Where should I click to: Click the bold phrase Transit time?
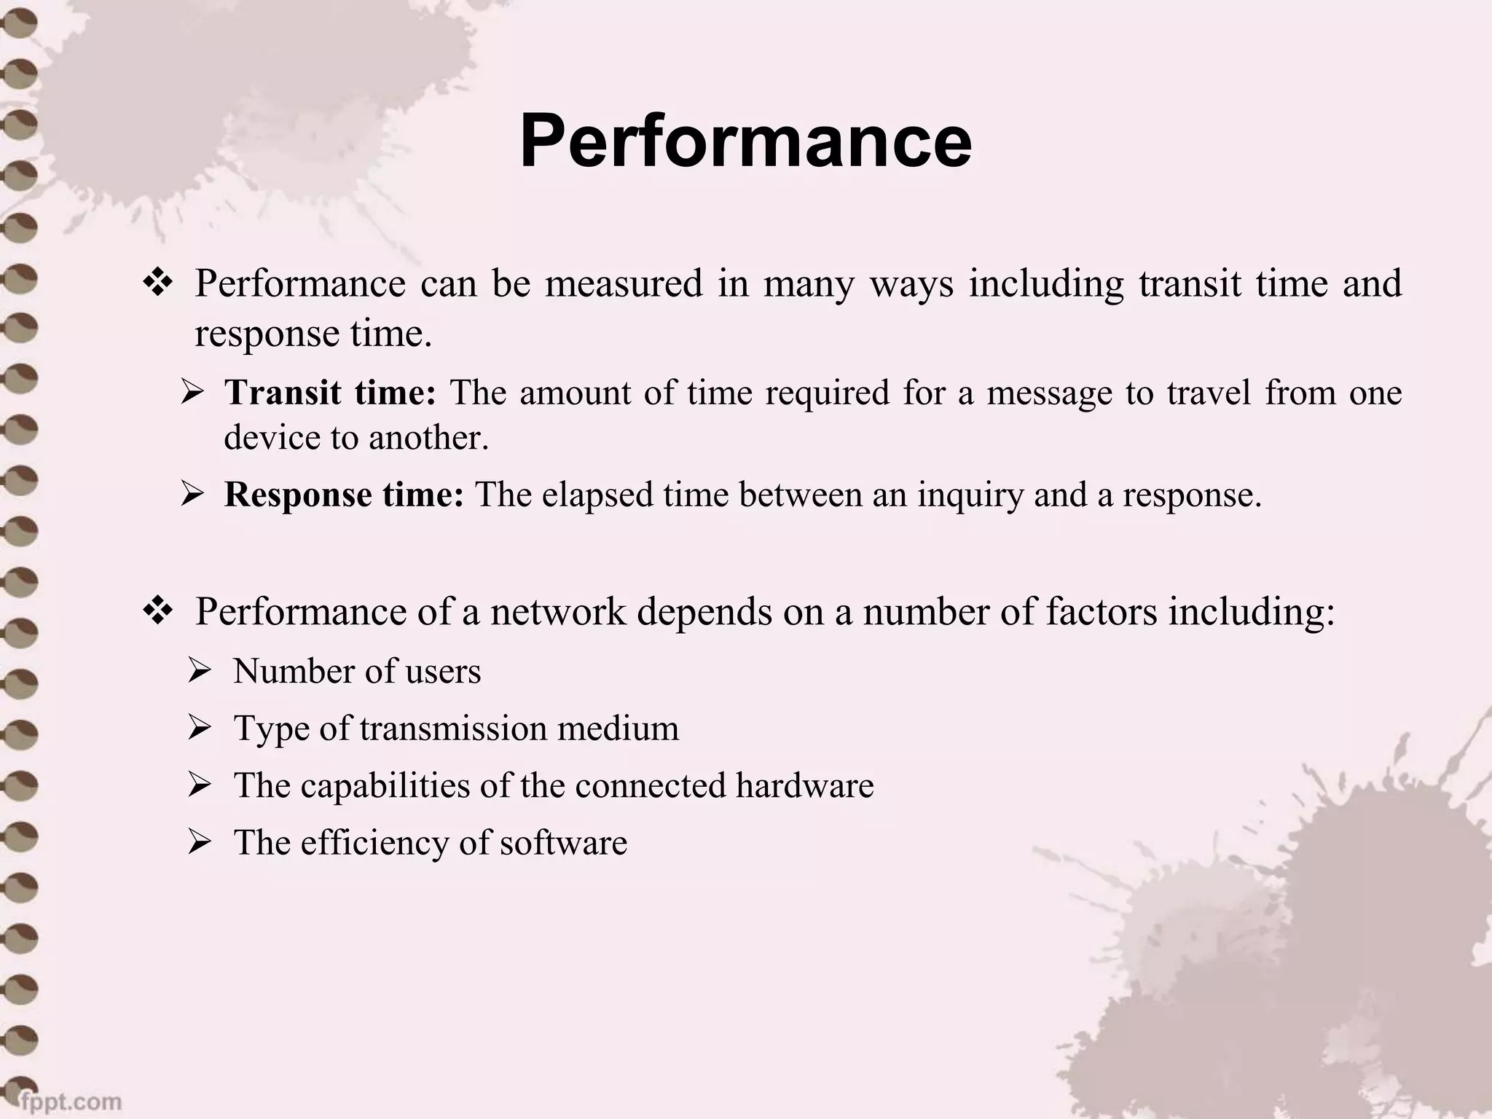click(x=330, y=393)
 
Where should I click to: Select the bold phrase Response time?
click(x=344, y=495)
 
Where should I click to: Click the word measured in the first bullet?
click(x=624, y=283)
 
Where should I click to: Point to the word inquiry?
click(x=970, y=495)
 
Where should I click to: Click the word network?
click(x=557, y=611)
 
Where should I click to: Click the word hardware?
click(x=804, y=785)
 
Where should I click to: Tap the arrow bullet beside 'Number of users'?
click(x=199, y=671)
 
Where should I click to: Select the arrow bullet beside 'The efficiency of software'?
click(x=199, y=843)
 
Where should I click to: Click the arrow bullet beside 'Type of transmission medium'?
click(x=199, y=729)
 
